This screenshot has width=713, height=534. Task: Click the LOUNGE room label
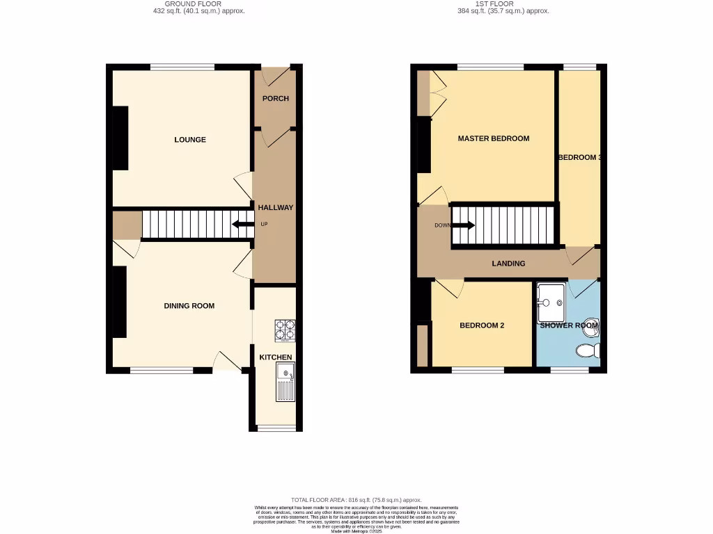(190, 140)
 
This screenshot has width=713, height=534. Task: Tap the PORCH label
(276, 99)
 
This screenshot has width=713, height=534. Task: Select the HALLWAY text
(276, 207)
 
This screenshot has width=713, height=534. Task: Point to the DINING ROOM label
(189, 306)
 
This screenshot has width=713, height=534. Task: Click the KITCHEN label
(276, 357)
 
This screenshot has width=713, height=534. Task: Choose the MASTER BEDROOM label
(493, 138)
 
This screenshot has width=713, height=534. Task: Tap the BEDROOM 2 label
(482, 325)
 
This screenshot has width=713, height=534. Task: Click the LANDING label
(508, 264)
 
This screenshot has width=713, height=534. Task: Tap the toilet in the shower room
(590, 350)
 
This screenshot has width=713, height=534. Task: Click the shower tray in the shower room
(552, 298)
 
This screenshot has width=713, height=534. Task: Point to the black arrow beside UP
(242, 224)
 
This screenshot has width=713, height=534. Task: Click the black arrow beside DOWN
(464, 225)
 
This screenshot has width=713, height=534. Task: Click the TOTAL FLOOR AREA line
(356, 500)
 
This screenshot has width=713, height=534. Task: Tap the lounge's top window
(182, 67)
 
